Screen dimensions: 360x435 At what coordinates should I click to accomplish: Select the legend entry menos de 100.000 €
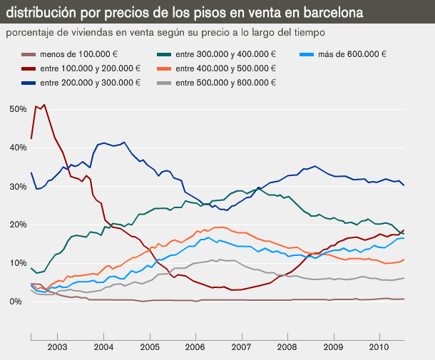coord(78,54)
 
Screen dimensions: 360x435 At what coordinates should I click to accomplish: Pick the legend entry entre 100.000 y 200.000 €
coord(90,68)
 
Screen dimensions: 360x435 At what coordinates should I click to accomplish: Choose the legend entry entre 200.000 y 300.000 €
coord(90,83)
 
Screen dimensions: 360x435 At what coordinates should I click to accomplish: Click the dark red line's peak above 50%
coord(44,105)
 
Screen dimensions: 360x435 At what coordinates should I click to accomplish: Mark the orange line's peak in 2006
coord(220,227)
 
